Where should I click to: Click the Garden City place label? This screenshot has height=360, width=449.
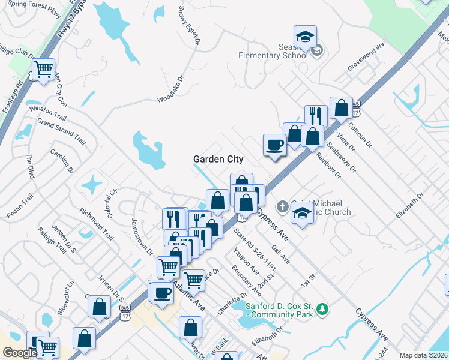tap(218, 159)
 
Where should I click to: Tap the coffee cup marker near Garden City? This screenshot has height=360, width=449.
tap(275, 145)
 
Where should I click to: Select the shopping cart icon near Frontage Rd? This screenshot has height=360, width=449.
tap(43, 70)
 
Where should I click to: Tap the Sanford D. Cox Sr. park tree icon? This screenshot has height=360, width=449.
tap(324, 309)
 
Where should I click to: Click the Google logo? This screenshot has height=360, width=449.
tap(19, 353)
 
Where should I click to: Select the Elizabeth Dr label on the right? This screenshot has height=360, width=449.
tap(410, 206)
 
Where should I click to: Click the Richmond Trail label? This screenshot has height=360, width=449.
tap(96, 223)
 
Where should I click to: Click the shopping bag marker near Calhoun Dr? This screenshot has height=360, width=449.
tap(341, 109)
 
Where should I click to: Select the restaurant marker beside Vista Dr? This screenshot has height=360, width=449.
tap(316, 116)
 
